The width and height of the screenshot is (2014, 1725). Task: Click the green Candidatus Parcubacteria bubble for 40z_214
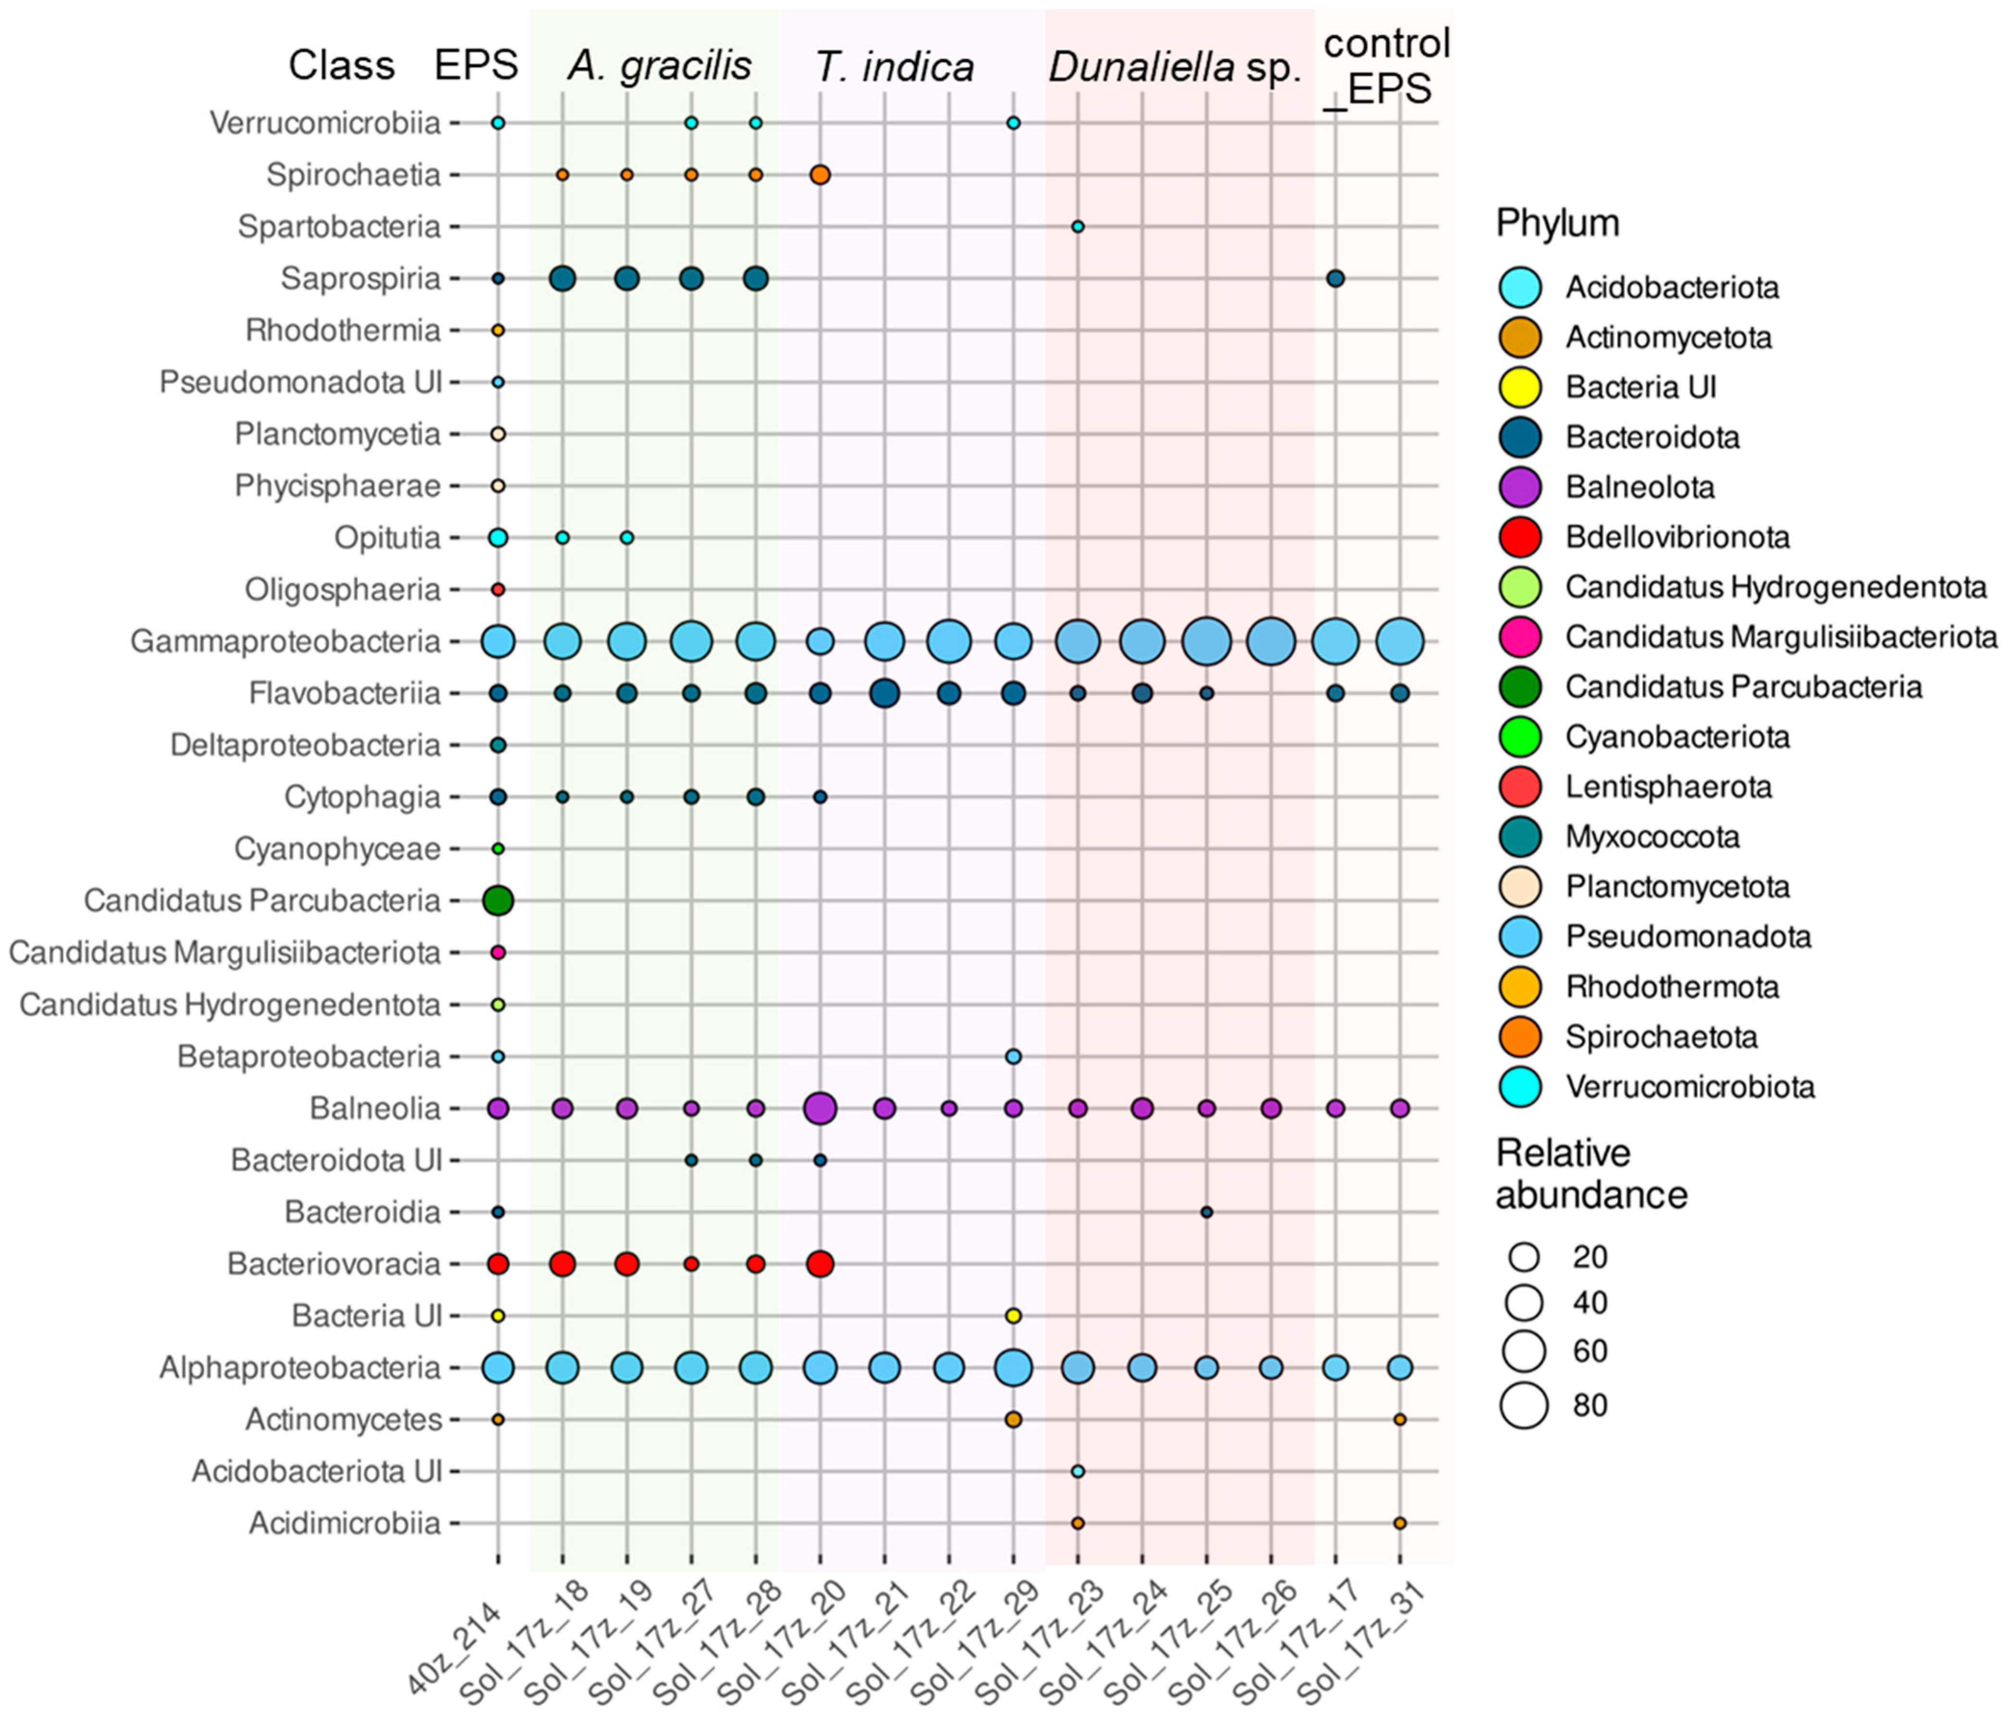click(498, 901)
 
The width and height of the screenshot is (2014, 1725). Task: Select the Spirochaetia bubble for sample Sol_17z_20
click(819, 175)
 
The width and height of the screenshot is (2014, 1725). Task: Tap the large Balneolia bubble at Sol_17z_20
click(819, 1108)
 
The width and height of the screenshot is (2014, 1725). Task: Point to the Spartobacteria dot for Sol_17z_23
click(1077, 227)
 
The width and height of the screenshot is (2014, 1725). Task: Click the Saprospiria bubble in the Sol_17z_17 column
click(1336, 279)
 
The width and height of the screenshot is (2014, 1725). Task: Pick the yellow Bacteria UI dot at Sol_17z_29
click(1013, 1316)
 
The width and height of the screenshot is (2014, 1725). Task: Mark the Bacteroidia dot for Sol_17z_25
click(1206, 1212)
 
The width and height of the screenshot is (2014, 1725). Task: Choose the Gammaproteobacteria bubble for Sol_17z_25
click(1206, 642)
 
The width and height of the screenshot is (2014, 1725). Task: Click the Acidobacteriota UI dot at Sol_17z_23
click(1077, 1472)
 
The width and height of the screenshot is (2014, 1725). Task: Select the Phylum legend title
click(1557, 224)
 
